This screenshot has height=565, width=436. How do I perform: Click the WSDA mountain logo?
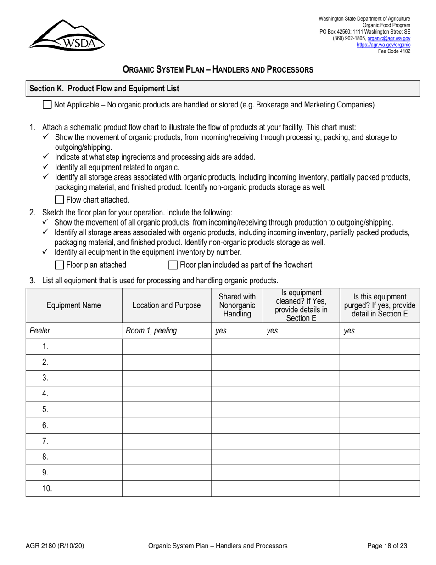pos(67,35)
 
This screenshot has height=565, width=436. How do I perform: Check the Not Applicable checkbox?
pos(47,105)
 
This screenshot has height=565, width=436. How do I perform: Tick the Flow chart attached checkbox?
pos(59,200)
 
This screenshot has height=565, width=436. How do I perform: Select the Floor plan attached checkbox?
pos(59,265)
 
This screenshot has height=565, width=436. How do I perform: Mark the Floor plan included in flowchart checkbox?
pos(173,265)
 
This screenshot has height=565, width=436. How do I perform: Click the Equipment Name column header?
pos(74,305)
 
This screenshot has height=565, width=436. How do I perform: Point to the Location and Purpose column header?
pos(167,305)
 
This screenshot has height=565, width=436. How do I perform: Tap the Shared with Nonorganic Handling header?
pos(237,305)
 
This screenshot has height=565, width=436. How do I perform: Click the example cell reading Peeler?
pos(40,330)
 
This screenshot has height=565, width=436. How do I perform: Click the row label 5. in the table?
pos(45,409)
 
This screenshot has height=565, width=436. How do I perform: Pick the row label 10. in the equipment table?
pos(47,488)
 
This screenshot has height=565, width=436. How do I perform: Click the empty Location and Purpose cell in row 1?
pos(167,346)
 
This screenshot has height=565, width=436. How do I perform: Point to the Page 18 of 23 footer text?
pos(387,546)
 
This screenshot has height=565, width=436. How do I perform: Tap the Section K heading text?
pos(104,89)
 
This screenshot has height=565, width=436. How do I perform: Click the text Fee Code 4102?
pos(394,51)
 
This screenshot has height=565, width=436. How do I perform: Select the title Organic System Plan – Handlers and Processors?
pos(218,70)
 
